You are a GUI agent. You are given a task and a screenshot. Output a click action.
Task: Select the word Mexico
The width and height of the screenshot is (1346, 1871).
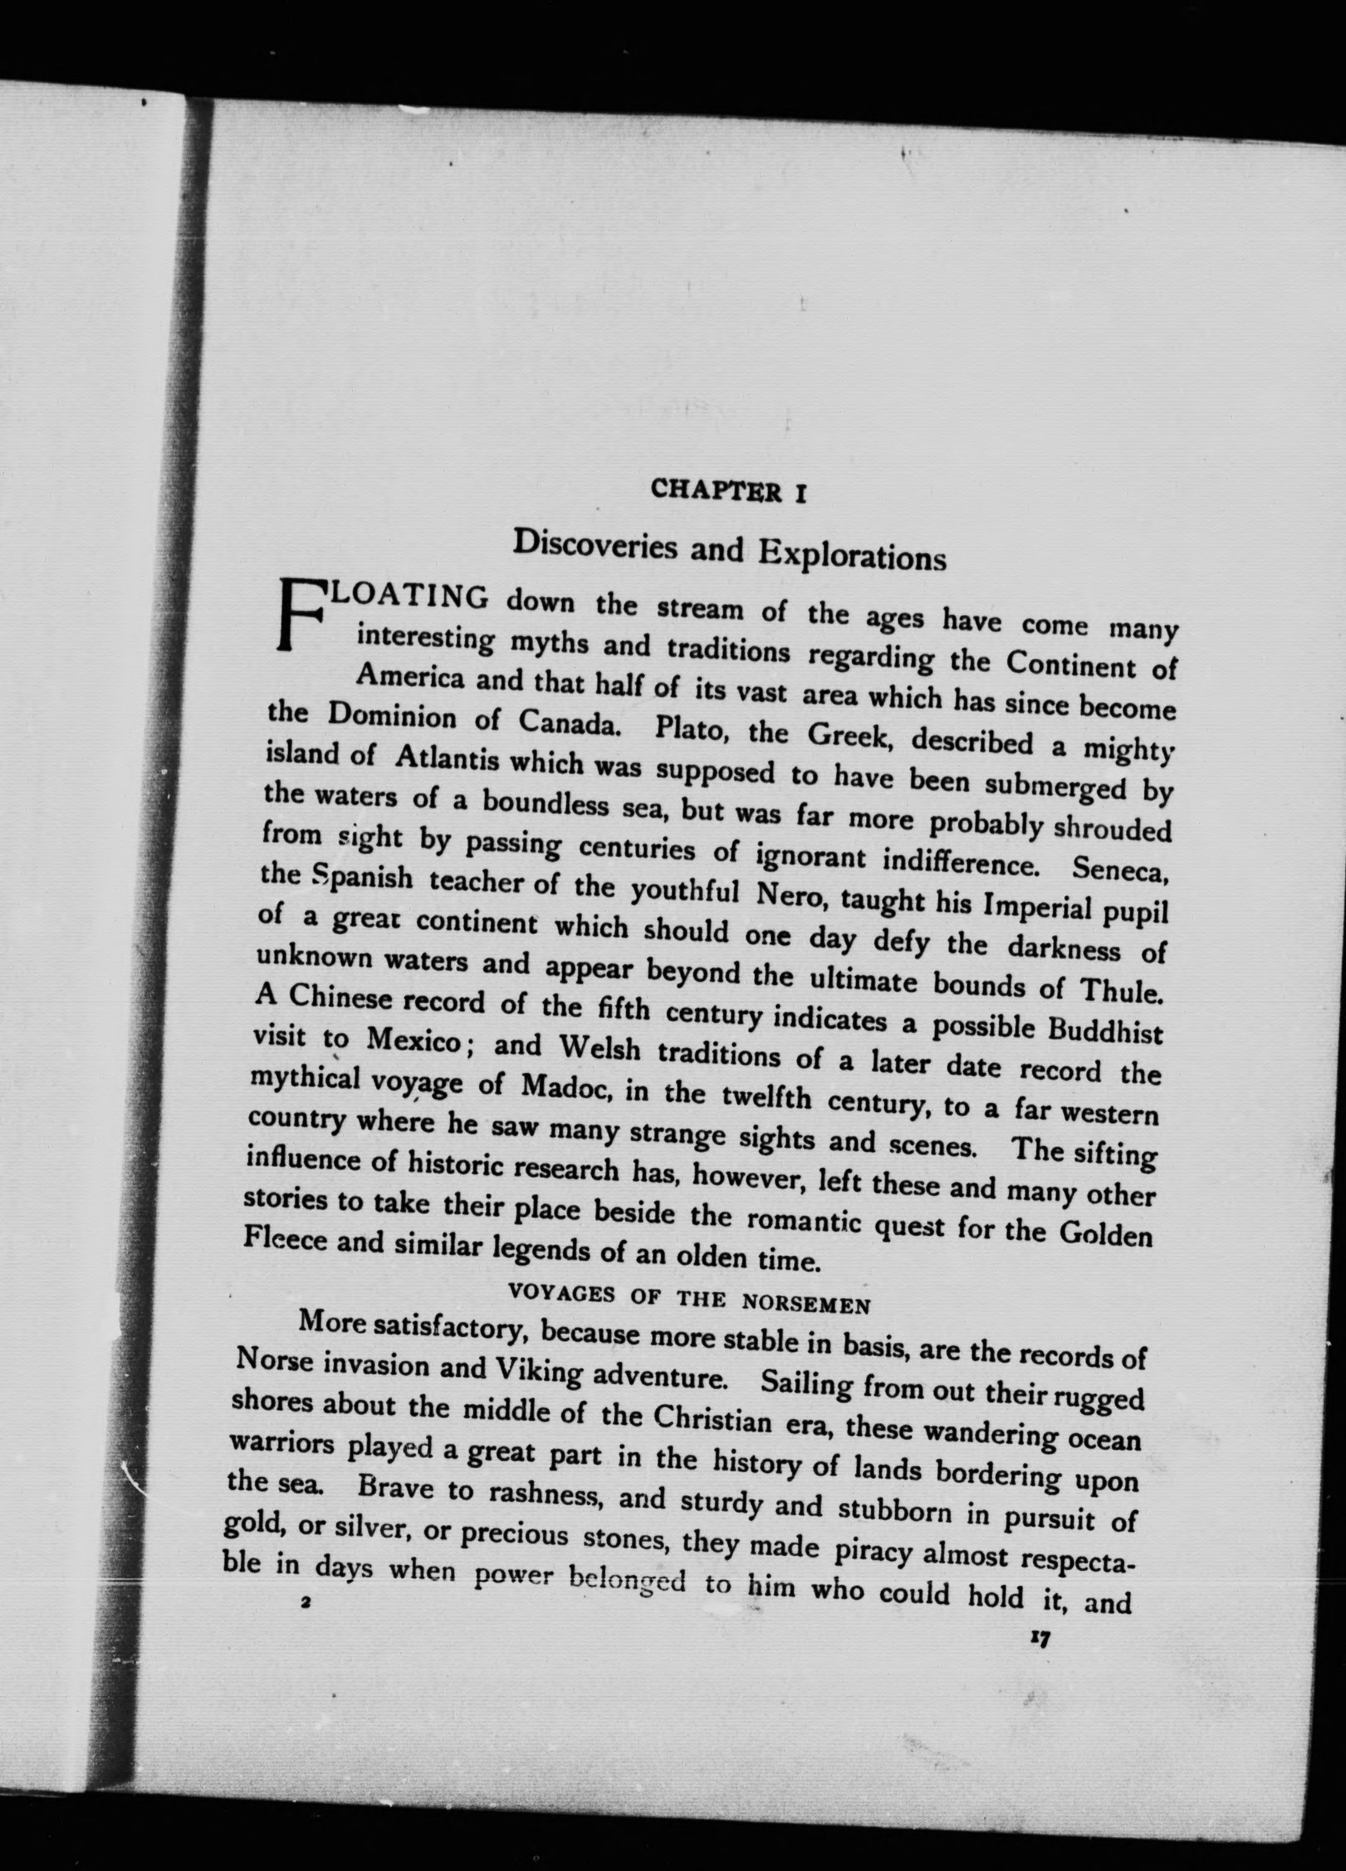point(413,1041)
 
